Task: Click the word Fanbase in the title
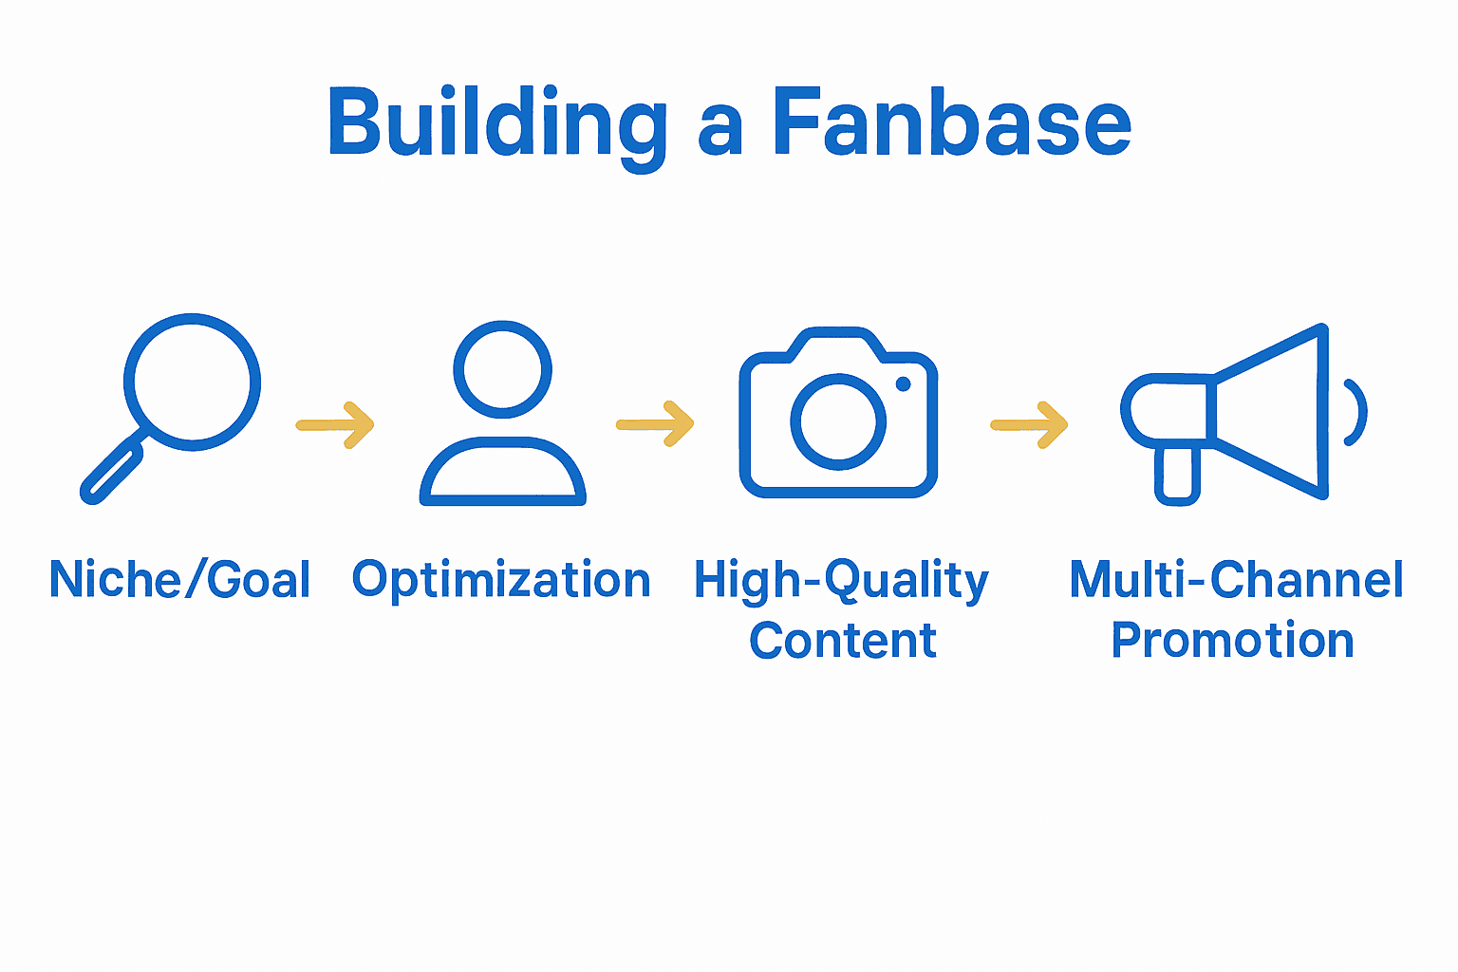tap(951, 124)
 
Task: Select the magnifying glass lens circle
tap(193, 382)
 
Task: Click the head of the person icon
tap(502, 369)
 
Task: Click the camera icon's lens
tap(837, 421)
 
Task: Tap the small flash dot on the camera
tap(903, 383)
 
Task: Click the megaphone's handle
tap(1177, 474)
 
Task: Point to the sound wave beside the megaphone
tap(1357, 412)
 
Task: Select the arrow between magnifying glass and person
tap(336, 425)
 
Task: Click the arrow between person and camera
tap(656, 424)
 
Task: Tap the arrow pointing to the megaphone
tap(1030, 425)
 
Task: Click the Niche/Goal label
tap(179, 580)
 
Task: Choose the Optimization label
tap(501, 580)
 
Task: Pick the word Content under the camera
tap(843, 641)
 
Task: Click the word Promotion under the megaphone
tap(1232, 641)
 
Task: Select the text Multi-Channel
tap(1236, 580)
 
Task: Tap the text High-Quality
tap(841, 580)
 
